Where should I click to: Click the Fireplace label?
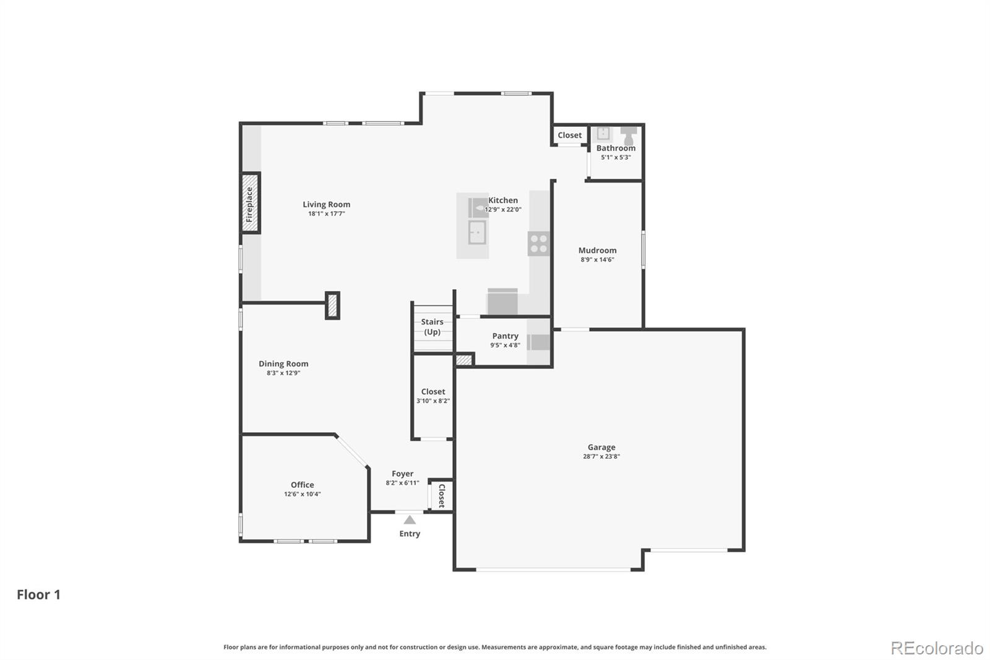coord(250,204)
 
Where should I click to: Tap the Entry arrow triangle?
coord(410,520)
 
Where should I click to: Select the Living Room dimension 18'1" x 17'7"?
coord(326,214)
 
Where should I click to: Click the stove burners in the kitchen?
coord(538,243)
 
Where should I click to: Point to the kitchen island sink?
coord(477,233)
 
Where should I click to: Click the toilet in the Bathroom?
coord(629,136)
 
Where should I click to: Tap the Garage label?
coord(601,447)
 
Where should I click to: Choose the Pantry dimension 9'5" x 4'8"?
coord(505,345)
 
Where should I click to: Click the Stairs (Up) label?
coord(432,327)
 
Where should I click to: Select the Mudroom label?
coord(597,250)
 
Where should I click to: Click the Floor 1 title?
coord(38,594)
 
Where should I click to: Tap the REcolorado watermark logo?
coord(937,648)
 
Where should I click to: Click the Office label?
coord(303,485)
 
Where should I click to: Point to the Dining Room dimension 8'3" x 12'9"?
coord(283,373)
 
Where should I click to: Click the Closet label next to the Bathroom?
coord(569,135)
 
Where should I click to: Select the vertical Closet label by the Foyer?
coord(442,496)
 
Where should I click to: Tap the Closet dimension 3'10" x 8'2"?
coord(433,401)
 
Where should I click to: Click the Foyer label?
coord(402,474)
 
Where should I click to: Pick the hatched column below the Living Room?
coord(332,305)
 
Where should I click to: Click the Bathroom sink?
coord(603,133)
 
